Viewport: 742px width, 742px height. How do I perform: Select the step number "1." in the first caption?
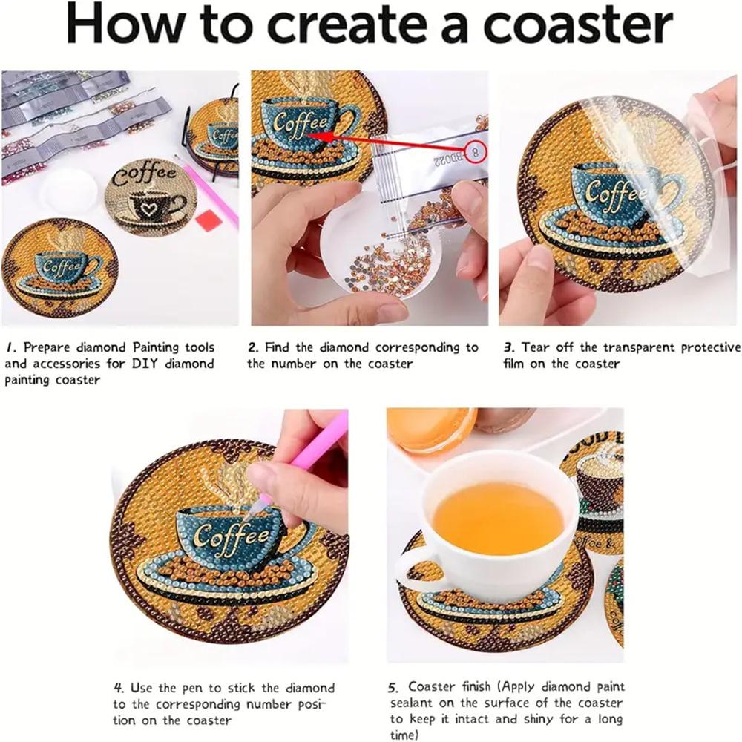[x=12, y=347]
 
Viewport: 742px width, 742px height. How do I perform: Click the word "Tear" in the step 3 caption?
[x=536, y=347]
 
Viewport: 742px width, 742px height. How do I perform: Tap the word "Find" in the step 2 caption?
[x=278, y=347]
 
